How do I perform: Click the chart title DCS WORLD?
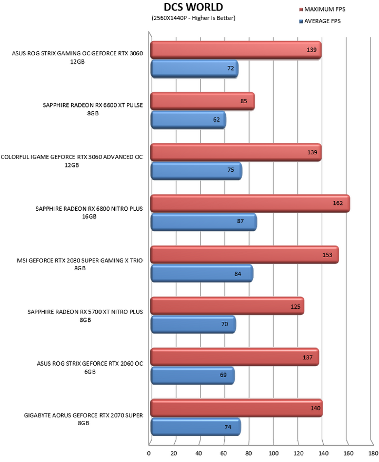click(193, 7)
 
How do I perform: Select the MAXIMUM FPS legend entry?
click(322, 9)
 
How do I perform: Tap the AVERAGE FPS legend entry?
click(320, 21)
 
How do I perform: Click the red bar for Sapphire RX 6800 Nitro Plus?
click(250, 203)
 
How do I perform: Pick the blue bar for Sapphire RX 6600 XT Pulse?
click(188, 120)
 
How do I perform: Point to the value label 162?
click(338, 203)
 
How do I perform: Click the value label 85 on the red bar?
click(244, 101)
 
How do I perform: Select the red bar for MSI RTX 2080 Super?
click(244, 254)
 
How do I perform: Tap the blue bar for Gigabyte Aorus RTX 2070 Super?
click(195, 427)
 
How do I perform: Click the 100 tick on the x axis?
click(274, 453)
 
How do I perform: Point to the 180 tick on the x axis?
click(373, 453)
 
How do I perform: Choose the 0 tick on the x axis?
click(149, 453)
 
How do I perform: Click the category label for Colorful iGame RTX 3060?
click(72, 161)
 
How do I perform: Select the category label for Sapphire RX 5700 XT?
click(85, 316)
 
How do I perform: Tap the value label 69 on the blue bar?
click(223, 375)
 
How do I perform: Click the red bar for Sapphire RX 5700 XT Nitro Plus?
click(227, 306)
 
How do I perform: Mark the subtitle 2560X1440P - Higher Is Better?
click(194, 18)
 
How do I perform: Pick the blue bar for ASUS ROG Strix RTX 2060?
click(193, 376)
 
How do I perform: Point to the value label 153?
click(327, 255)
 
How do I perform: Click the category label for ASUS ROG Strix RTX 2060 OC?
click(90, 367)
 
